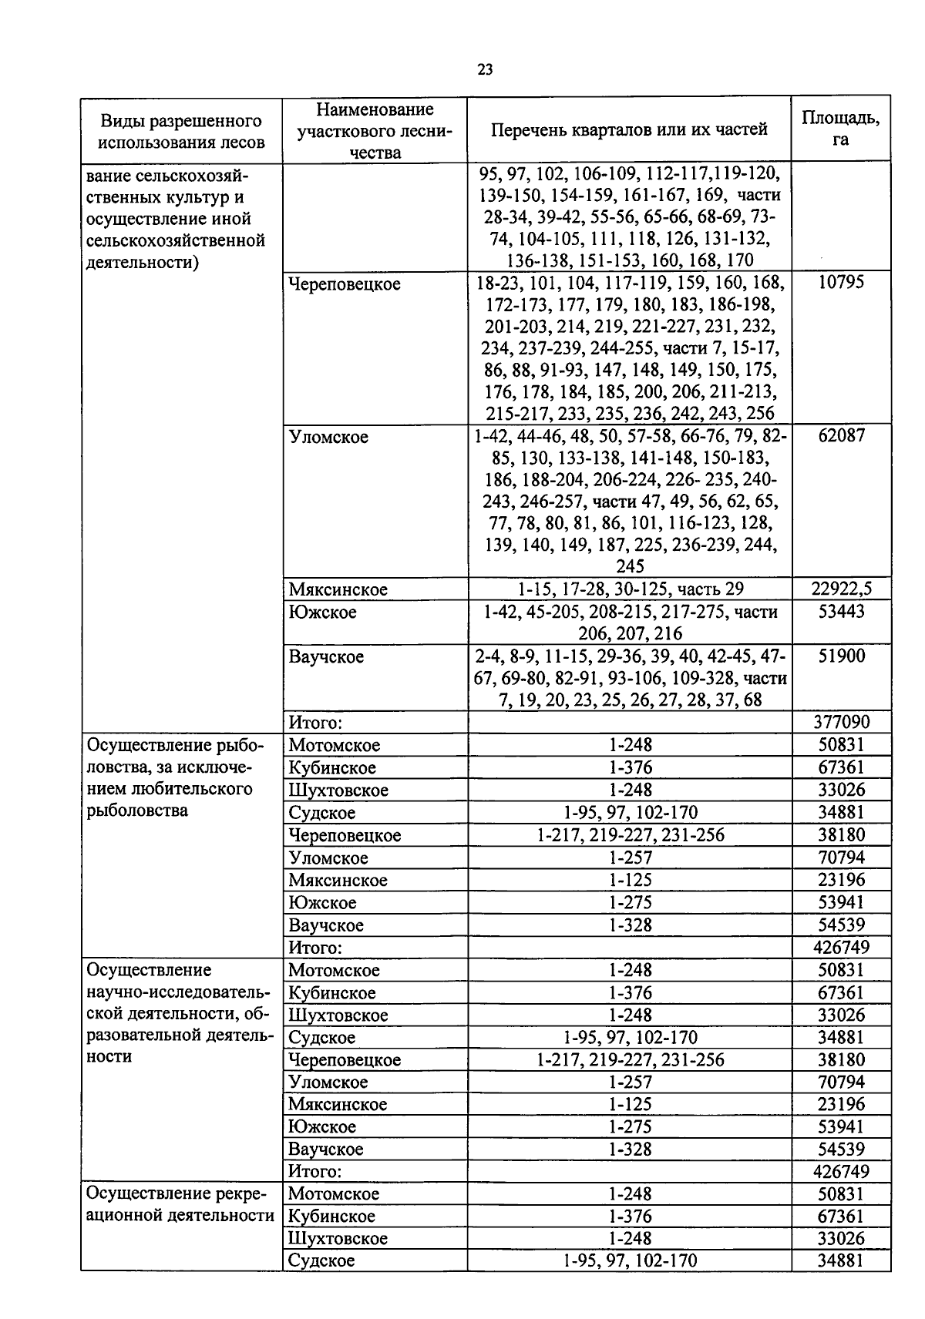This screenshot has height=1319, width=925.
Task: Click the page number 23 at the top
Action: point(485,70)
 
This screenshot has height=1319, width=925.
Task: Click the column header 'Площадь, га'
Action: point(840,129)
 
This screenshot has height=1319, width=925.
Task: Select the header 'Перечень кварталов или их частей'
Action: point(629,129)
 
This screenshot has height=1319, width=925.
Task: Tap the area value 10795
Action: point(841,282)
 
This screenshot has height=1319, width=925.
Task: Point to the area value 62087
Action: point(841,435)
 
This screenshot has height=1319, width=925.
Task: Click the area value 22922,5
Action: point(841,589)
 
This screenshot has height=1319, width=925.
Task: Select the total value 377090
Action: point(841,722)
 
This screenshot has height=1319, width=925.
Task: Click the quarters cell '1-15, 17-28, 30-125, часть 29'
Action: point(630,589)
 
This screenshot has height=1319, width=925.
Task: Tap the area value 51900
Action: point(841,656)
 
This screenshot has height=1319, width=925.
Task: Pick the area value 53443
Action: point(841,612)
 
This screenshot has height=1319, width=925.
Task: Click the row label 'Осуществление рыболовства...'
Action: point(174,778)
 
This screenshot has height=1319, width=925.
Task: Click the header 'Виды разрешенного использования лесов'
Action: point(182,131)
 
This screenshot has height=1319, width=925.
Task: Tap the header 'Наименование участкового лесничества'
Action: point(375,130)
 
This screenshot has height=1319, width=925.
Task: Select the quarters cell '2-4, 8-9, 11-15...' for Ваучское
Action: point(630,678)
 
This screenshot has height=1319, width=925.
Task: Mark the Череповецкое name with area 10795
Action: point(345,284)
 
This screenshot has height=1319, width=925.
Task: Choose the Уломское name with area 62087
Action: point(328,437)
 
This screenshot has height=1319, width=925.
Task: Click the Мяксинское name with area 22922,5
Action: point(338,590)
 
